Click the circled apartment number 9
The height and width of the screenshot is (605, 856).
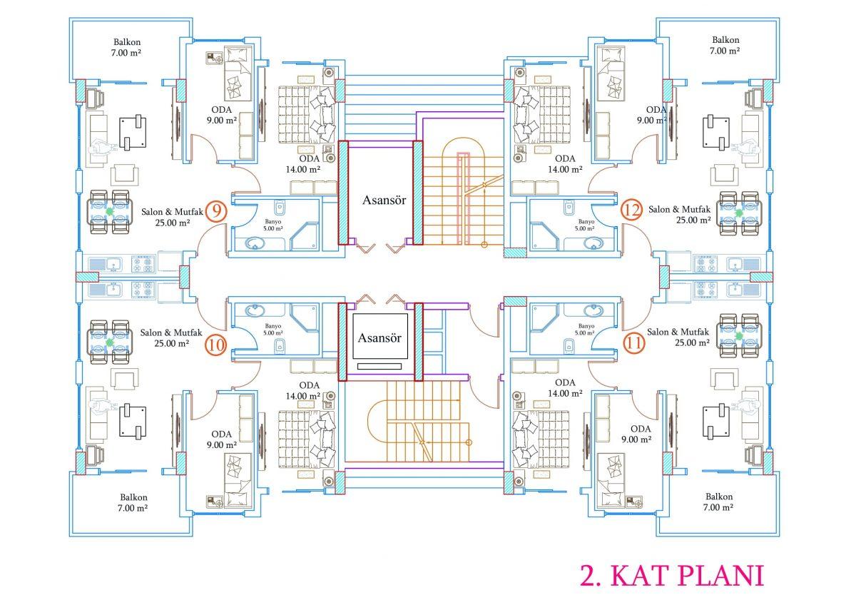coord(216,210)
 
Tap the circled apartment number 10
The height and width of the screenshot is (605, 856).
coord(216,345)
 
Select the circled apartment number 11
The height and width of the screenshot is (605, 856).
coord(634,343)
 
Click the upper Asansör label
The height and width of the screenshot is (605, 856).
coord(384,200)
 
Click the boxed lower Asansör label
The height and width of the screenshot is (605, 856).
coord(379,337)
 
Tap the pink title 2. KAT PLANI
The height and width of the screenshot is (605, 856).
coord(672,576)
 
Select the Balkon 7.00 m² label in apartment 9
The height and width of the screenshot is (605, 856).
coord(127,47)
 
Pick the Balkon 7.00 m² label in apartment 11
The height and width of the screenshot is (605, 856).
coord(718,502)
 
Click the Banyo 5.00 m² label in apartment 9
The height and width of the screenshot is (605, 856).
coord(272,225)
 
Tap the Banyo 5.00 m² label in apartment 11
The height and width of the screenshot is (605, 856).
coord(586,330)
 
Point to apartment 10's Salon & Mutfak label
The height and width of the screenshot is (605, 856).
coord(171,338)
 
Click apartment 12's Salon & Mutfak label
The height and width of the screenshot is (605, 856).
coord(679,215)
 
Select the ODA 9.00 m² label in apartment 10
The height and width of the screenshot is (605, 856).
coord(222,439)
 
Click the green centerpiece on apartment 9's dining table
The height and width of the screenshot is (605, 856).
coord(110,210)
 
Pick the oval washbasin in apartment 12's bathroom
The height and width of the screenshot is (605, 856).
coord(593,243)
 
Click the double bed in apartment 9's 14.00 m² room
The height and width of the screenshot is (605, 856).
coord(307,115)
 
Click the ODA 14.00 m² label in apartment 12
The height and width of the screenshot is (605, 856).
coord(565,164)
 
